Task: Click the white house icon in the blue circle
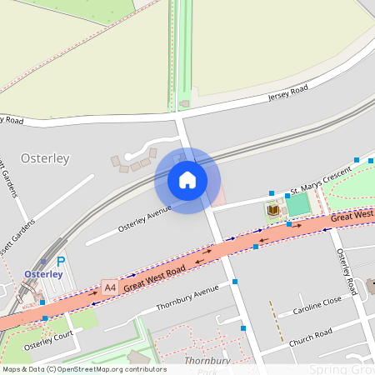tap(187, 180)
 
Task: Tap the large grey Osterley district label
tap(45, 157)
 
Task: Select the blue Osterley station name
tap(43, 274)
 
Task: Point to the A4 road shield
tap(109, 287)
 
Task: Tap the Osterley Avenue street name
tap(144, 217)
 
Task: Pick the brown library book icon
tap(272, 210)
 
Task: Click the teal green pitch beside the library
tap(297, 204)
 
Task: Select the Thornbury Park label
tap(201, 364)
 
